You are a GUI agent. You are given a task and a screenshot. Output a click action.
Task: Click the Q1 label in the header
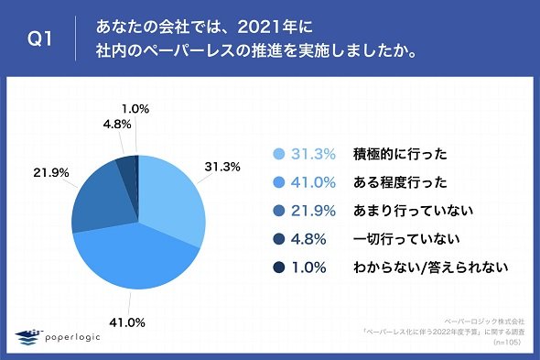(39, 38)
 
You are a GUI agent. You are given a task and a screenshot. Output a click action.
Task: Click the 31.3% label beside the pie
(222, 167)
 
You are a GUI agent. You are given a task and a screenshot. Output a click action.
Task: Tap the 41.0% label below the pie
(127, 322)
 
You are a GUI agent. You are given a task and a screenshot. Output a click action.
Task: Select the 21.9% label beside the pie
(51, 172)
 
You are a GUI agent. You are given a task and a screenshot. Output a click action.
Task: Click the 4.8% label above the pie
(117, 125)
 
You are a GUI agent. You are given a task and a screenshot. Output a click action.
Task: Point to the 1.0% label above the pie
(135, 109)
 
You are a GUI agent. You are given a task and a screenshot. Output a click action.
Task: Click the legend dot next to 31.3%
(278, 154)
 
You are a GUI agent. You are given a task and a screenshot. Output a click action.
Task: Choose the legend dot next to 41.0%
(278, 182)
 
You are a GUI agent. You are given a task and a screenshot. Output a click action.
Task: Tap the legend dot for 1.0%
(278, 267)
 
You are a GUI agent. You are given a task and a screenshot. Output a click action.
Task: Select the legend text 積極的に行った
(400, 154)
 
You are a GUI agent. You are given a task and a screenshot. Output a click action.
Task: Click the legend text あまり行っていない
(414, 211)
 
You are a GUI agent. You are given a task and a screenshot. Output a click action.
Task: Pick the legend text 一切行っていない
(406, 239)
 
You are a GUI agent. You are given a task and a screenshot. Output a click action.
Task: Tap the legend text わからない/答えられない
(430, 267)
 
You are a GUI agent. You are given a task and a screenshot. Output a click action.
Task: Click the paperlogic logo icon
(27, 337)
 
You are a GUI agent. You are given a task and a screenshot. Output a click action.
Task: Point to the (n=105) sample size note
(507, 343)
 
